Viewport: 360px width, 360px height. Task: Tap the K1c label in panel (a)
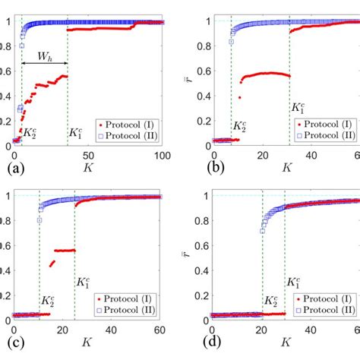76,112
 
